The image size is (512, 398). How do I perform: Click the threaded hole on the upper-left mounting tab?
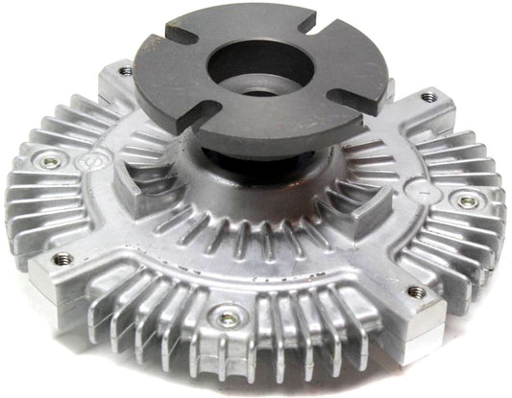pos(125,71)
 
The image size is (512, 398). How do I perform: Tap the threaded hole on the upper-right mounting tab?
pos(427,98)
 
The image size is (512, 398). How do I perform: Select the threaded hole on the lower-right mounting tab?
pos(416,292)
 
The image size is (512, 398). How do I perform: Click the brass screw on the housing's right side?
pos(467,201)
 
